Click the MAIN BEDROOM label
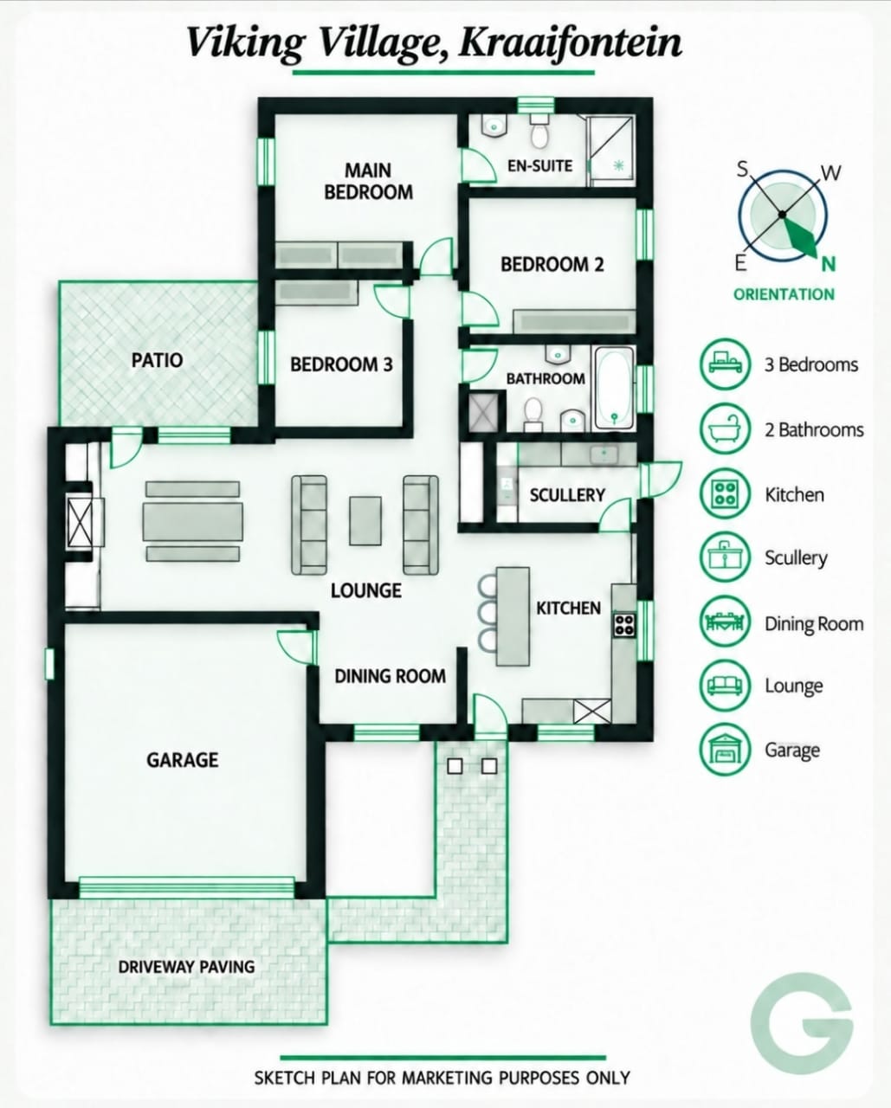click(x=368, y=181)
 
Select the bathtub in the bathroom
click(x=615, y=389)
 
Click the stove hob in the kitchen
click(x=624, y=625)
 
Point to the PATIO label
click(x=157, y=360)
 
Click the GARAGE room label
click(x=183, y=760)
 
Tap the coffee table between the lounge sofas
click(x=365, y=520)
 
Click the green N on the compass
click(x=828, y=265)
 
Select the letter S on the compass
click(x=742, y=168)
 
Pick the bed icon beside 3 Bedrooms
click(x=725, y=364)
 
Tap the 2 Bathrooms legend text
click(x=814, y=429)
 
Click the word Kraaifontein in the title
click(x=569, y=44)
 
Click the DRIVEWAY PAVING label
click(x=186, y=966)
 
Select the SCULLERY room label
click(x=567, y=495)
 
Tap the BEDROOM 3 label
click(x=341, y=364)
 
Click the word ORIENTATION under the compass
click(x=784, y=294)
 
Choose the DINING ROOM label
click(x=391, y=676)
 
